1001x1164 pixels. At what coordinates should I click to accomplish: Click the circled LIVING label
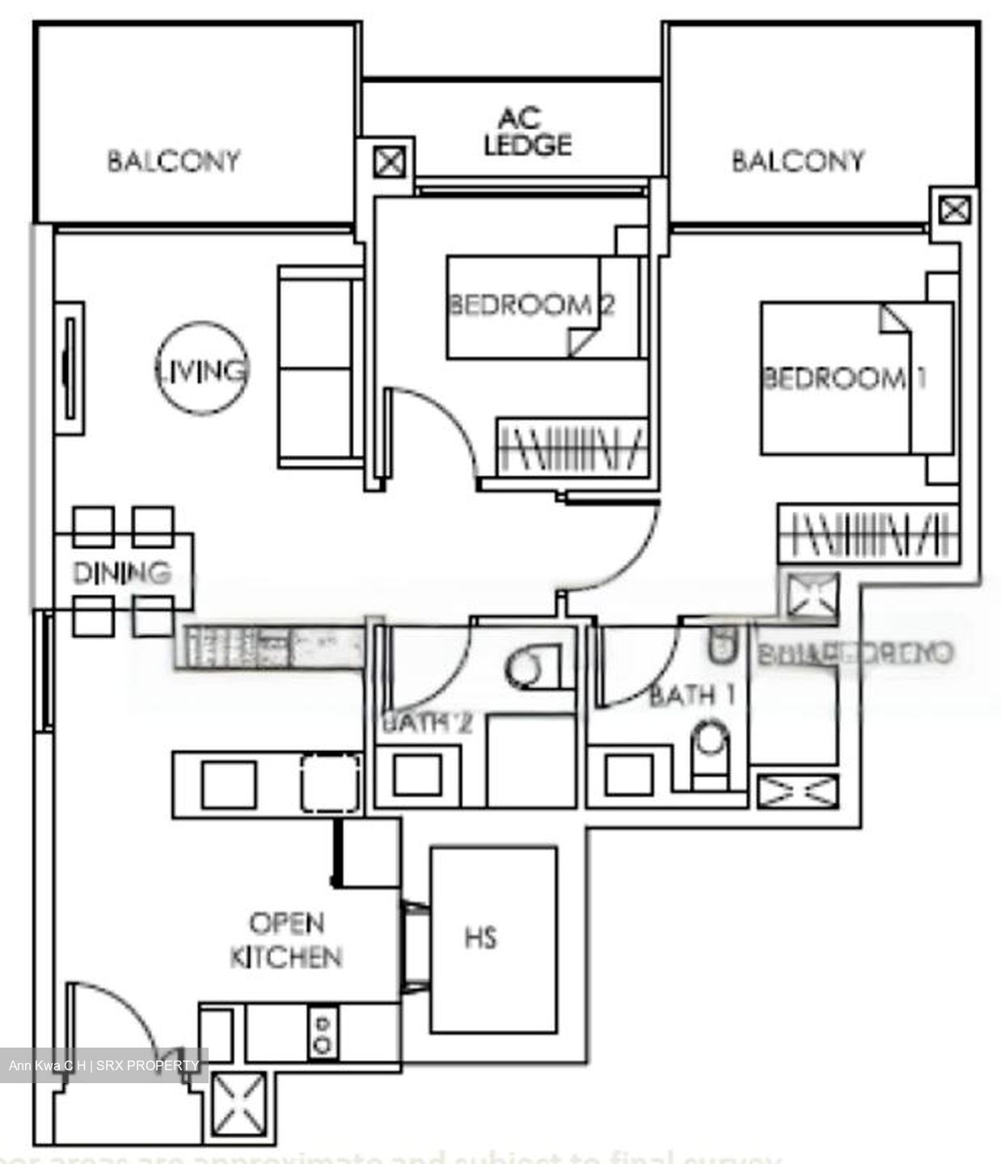coord(201,370)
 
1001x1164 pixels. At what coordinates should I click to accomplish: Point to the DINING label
coord(122,572)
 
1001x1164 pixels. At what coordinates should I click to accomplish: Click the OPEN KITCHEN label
coord(285,940)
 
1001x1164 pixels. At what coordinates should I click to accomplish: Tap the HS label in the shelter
coord(480,938)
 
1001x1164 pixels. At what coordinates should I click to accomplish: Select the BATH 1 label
coord(692,695)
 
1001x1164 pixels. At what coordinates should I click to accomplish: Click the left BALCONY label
coord(174,161)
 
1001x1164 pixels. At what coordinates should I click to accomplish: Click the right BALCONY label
coord(797,161)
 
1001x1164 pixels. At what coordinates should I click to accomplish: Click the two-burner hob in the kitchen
coord(323,1032)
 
